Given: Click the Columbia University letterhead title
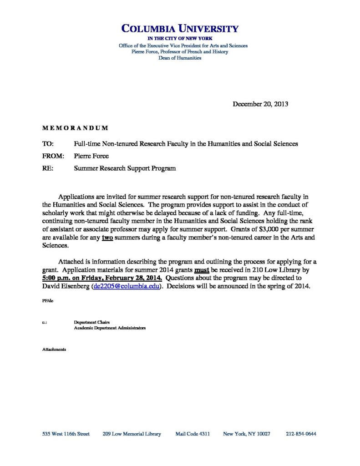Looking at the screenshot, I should click(x=180, y=29).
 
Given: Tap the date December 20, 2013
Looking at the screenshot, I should click(x=260, y=104).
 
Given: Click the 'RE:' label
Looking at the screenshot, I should click(x=48, y=168).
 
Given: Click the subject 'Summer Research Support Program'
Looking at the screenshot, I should click(x=125, y=168).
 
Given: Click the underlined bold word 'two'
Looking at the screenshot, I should click(x=107, y=237).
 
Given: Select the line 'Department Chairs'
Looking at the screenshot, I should click(x=91, y=323).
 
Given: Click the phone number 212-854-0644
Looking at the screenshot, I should click(x=301, y=434).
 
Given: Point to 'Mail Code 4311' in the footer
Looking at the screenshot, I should click(x=193, y=434).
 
